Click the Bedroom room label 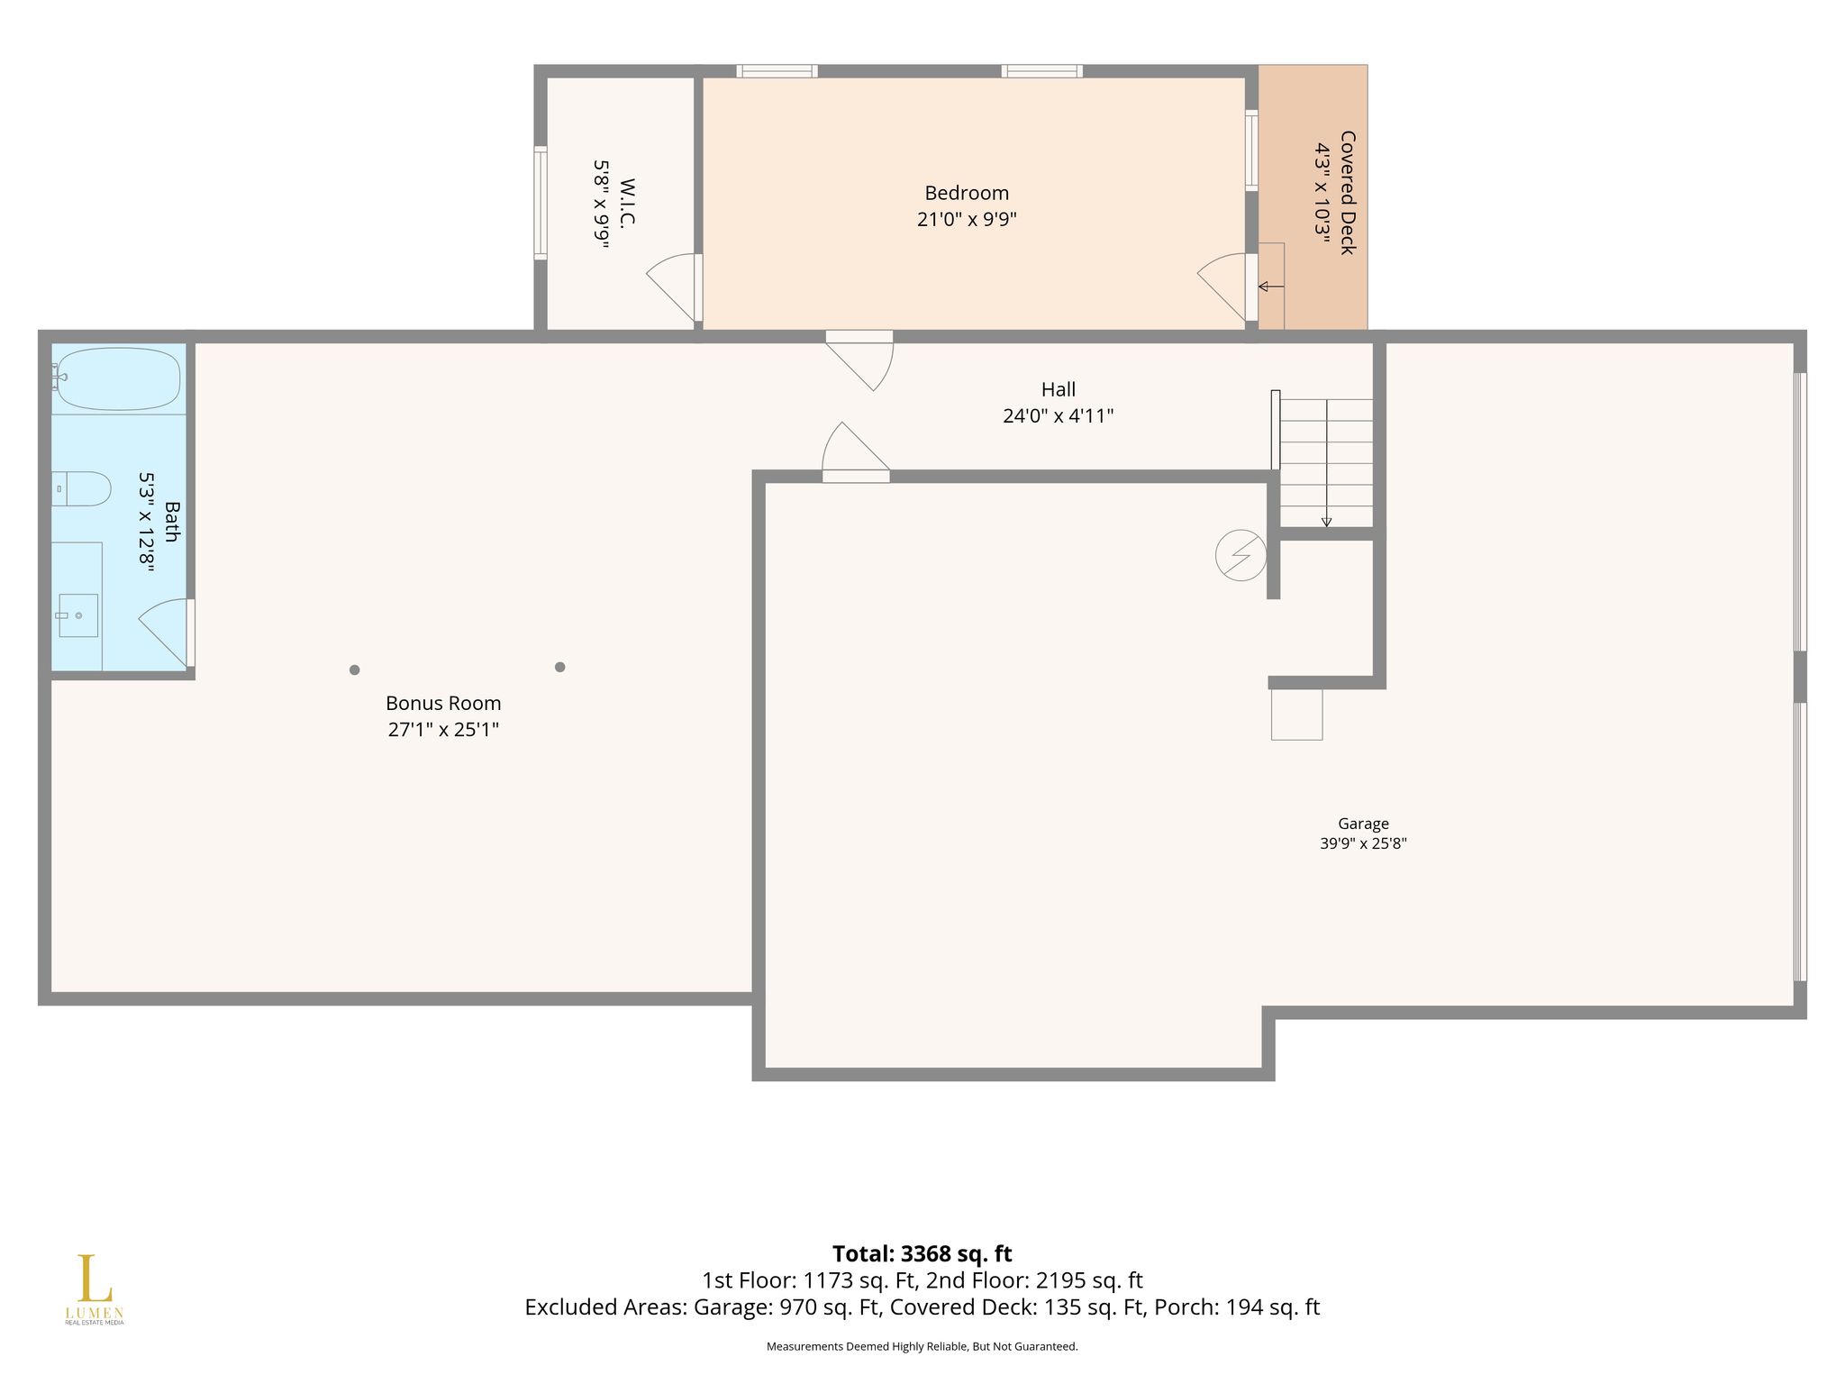(967, 193)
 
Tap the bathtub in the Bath (119, 378)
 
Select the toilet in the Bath (81, 488)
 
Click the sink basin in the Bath (78, 615)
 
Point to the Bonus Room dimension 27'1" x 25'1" (443, 729)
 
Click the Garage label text (1363, 824)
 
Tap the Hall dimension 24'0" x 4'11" (1059, 415)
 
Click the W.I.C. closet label (628, 204)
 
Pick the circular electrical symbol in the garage (1241, 555)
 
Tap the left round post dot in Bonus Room (355, 669)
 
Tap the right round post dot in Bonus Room (559, 667)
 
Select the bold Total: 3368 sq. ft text (922, 1253)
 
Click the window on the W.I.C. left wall (541, 203)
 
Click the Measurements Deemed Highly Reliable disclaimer (922, 1346)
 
